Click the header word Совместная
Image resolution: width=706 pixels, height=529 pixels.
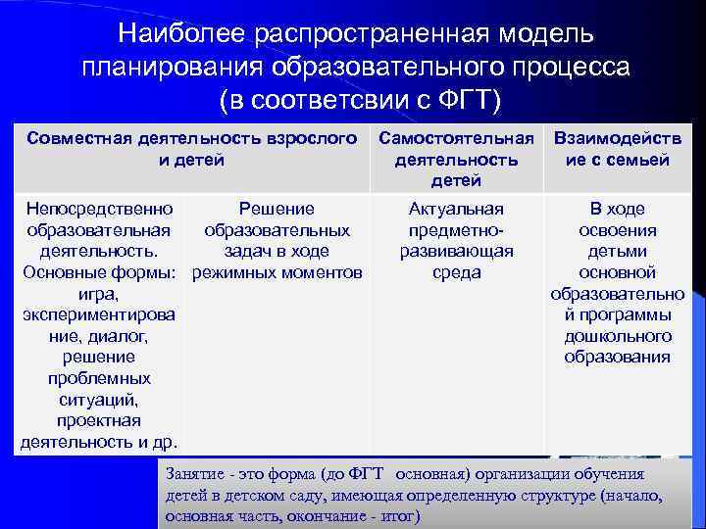click(x=79, y=138)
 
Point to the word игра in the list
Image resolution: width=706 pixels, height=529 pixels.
click(x=97, y=293)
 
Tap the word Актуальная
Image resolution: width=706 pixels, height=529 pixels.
click(x=456, y=209)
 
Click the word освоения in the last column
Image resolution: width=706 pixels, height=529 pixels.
click(x=618, y=230)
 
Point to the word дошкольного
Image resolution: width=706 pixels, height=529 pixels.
click(x=618, y=336)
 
